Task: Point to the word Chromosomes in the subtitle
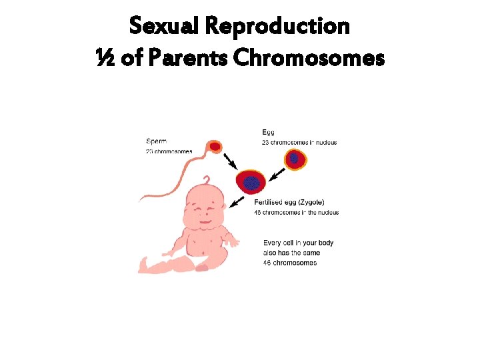tap(309, 59)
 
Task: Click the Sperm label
tap(157, 141)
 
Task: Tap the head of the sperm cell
tap(215, 145)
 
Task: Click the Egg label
tap(268, 133)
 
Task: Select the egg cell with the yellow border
tap(294, 159)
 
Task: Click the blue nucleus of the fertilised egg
tap(251, 182)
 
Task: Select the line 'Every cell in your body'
tap(298, 243)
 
